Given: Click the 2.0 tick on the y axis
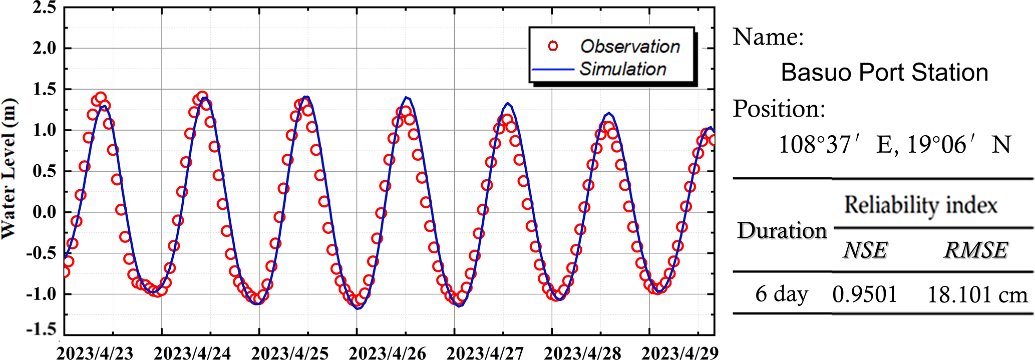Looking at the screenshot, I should point(44,49).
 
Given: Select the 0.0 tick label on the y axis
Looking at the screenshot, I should point(44,212).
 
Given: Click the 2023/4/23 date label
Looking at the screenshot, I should point(95,352).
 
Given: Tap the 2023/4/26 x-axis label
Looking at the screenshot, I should point(387,352).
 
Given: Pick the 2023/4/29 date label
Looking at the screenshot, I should point(679,352).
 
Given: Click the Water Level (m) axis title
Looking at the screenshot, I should point(9,169).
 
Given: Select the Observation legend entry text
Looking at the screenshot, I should point(630,47).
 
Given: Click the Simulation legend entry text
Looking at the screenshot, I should point(623,69).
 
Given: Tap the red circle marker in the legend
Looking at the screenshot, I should point(553,46).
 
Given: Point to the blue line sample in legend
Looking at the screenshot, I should point(553,69).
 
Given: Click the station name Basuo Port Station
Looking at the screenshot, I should point(884,73).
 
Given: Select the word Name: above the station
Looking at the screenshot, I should point(768,37).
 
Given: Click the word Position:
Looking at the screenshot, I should point(779,109).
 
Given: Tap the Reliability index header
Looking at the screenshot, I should point(920,205).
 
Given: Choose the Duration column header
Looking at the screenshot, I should point(782,231).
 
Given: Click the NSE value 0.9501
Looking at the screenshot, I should point(865,294).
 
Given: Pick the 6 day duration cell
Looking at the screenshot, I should point(781,294).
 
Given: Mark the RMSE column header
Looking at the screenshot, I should point(975,250).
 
